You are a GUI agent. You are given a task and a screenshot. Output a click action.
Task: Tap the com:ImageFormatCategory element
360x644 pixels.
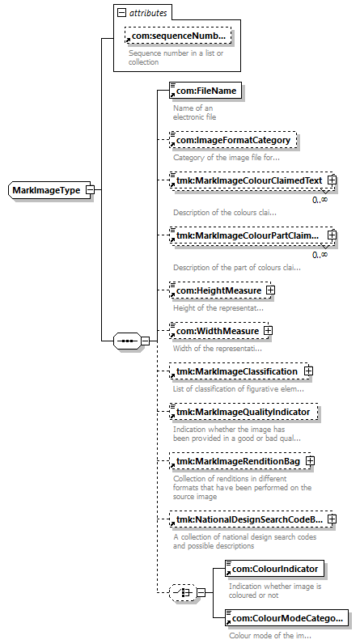[x=233, y=140]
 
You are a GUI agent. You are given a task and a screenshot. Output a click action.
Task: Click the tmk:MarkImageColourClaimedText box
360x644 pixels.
[x=248, y=180]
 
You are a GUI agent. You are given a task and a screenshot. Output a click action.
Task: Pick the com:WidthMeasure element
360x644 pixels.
[x=216, y=331]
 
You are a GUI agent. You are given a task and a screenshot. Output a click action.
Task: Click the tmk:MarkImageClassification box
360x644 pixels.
[x=237, y=371]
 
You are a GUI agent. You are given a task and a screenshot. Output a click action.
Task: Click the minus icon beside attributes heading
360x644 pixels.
[x=121, y=13]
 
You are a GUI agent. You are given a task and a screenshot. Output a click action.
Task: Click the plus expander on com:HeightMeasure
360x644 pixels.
[x=270, y=289]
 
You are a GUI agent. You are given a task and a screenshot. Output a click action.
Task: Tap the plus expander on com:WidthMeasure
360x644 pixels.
[x=267, y=331]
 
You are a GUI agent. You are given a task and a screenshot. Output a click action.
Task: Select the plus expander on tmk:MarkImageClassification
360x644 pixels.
[x=308, y=371]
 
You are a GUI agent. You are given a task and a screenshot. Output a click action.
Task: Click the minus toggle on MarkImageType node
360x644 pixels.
[x=90, y=190]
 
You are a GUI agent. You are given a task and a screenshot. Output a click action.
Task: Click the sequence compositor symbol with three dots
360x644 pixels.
[x=126, y=341]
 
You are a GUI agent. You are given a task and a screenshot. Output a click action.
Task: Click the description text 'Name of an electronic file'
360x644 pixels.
[x=194, y=112]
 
